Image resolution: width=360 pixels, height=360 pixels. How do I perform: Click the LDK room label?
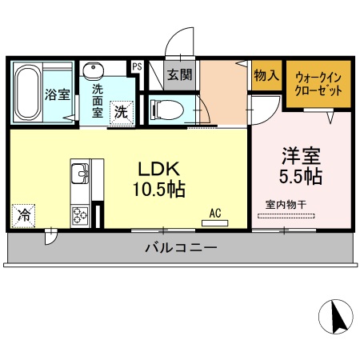tap(158, 170)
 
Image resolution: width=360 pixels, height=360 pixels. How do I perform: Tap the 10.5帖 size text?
tap(159, 190)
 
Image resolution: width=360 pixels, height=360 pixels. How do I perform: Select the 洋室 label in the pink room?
tap(300, 154)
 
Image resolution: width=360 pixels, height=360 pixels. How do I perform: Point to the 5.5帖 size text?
tap(300, 173)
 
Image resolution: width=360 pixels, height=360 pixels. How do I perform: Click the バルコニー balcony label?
tap(180, 248)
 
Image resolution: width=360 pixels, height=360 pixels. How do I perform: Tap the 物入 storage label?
tap(266, 76)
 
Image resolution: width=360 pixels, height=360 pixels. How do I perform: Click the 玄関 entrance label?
tap(179, 76)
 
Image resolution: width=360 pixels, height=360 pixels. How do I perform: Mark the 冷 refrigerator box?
tap(24, 214)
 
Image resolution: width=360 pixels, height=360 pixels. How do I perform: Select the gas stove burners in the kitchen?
tap(81, 214)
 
